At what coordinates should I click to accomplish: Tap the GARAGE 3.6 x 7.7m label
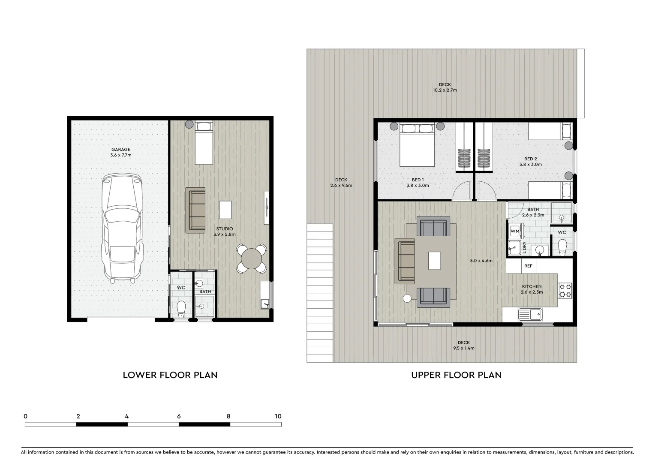[121, 152]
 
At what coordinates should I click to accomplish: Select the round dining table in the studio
[252, 259]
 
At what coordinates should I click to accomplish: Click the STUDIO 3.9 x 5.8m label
[225, 231]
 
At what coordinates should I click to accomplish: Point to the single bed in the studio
[204, 143]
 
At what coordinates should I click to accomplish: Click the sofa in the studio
[195, 210]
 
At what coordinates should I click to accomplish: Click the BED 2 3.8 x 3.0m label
[530, 162]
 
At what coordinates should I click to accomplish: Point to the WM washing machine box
[515, 231]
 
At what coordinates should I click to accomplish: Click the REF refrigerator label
[528, 266]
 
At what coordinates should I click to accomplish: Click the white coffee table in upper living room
[435, 261]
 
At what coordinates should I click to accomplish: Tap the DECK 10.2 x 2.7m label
[445, 87]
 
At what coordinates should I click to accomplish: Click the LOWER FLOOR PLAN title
[170, 375]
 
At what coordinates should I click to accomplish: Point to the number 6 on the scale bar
[179, 416]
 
